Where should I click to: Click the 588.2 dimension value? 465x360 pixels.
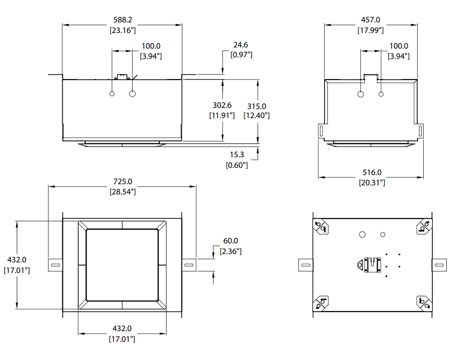[122, 20]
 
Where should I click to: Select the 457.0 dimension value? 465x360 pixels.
[371, 20]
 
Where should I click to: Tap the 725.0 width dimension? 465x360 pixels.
[122, 181]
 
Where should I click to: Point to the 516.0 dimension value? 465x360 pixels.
[372, 172]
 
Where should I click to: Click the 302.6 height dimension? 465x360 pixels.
[222, 105]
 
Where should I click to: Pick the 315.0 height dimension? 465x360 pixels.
[257, 106]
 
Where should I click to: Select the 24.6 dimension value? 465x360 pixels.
[240, 45]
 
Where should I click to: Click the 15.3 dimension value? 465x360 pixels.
[237, 154]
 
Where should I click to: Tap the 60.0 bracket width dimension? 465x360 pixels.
[231, 241]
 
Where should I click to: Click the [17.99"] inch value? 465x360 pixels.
[371, 30]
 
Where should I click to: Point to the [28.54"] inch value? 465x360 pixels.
[122, 192]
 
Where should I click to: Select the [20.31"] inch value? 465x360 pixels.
[372, 183]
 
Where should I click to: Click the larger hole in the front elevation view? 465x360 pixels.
[132, 93]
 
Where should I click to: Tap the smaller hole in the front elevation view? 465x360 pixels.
[112, 93]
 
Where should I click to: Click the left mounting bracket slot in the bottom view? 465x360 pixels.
[55, 265]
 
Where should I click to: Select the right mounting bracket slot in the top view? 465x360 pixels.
[439, 265]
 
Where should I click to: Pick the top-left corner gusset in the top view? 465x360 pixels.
[320, 226]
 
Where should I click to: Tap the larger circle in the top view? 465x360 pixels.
[362, 234]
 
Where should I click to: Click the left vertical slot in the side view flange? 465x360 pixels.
[321, 131]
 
